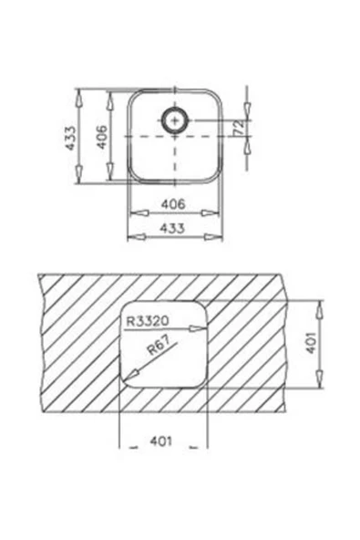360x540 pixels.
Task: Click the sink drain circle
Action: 175,110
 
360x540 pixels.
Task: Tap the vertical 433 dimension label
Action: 70,138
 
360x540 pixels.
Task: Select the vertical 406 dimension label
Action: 101,137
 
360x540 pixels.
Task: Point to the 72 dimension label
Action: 240,128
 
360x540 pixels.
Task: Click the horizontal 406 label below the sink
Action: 173,204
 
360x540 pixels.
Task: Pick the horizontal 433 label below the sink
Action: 172,228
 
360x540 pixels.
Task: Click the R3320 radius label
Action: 148,321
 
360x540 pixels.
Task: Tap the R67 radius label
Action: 159,345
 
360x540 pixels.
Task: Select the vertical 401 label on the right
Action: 311,343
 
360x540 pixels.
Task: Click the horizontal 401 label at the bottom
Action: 160,441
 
